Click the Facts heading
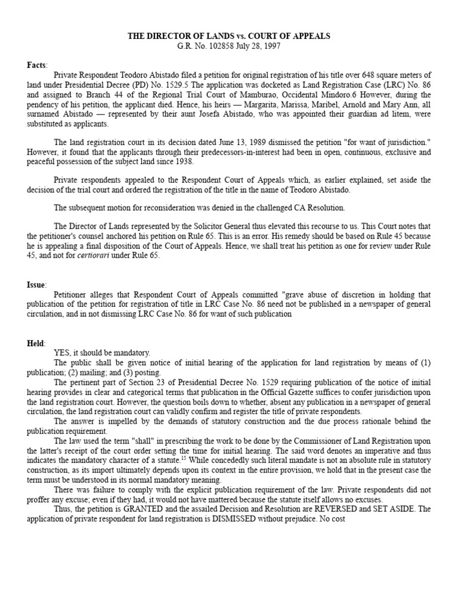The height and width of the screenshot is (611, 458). [37, 65]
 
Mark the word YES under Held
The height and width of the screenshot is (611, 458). [61, 353]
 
